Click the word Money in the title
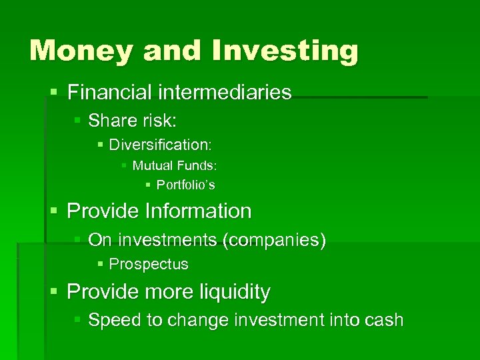[75, 51]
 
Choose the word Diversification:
[160, 145]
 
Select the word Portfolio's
[185, 185]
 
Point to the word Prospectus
[148, 265]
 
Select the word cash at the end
[384, 320]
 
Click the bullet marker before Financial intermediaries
[55, 93]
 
